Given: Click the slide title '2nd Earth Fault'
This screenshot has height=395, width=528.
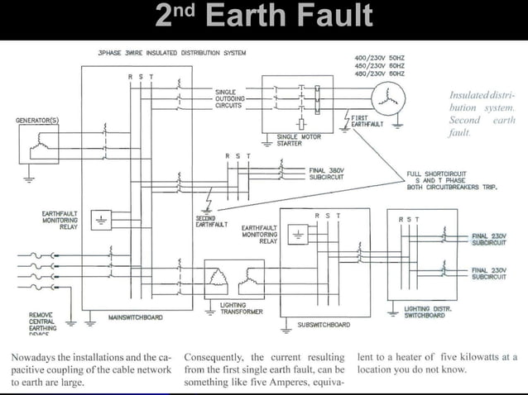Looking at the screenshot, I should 264,17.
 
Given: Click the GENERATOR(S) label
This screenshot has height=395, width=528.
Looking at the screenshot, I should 38,121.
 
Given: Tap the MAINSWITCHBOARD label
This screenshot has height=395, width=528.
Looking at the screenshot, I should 135,316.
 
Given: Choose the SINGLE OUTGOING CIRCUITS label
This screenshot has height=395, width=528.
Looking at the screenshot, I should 230,99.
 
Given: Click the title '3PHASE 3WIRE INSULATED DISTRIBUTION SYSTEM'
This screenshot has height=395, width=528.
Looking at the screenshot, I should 171,52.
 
